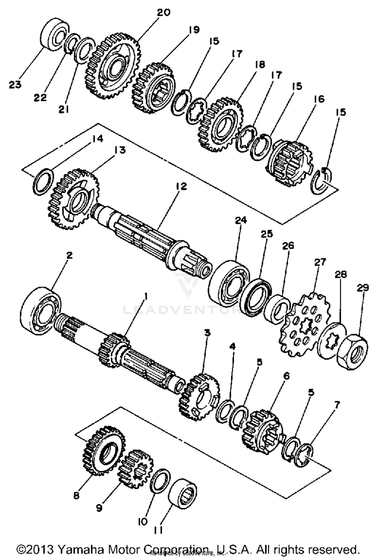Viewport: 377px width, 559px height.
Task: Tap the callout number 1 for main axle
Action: click(145, 297)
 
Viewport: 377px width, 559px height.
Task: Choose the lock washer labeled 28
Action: click(332, 341)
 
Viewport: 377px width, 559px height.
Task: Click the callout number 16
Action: click(319, 99)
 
